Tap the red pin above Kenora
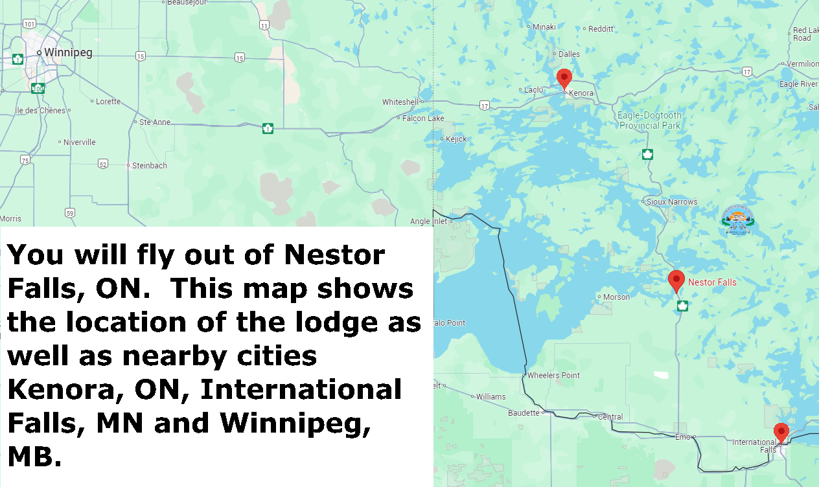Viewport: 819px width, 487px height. (564, 78)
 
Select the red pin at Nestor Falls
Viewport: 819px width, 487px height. (676, 280)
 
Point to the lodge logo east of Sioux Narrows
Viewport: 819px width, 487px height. (739, 220)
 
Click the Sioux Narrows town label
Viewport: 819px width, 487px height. (672, 202)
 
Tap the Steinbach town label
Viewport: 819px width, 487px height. (149, 166)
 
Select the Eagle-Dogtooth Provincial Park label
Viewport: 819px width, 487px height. (649, 120)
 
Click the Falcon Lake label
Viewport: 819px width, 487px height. (423, 119)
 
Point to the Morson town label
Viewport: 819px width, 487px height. (616, 297)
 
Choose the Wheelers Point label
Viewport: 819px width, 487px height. (553, 376)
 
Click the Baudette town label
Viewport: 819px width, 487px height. (524, 413)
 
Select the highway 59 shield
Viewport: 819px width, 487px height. (70, 212)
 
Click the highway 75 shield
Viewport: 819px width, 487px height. (25, 160)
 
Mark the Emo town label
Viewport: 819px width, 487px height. (684, 436)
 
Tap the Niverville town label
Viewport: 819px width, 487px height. (79, 142)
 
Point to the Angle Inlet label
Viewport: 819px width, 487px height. (429, 221)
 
